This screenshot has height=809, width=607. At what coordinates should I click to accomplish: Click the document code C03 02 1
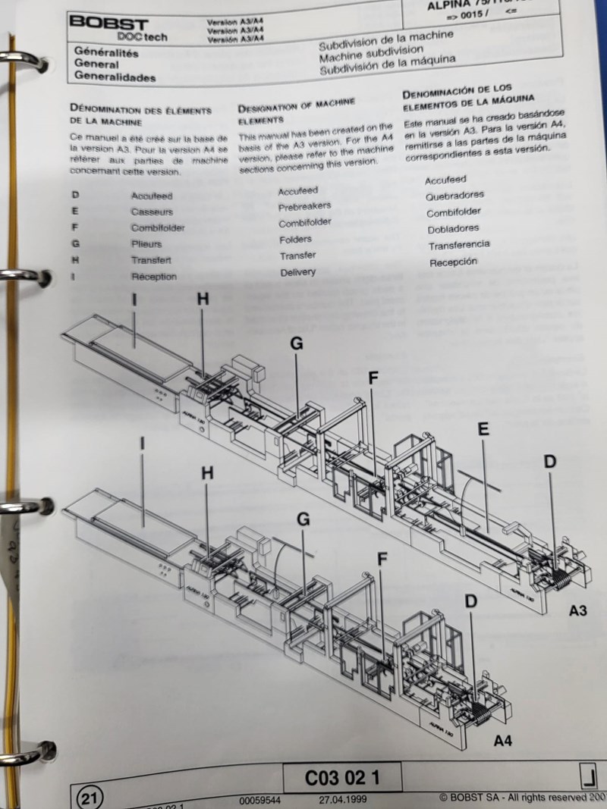pos(342,778)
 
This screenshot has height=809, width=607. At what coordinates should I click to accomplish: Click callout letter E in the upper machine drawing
pos(483,430)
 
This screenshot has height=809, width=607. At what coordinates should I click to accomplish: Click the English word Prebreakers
pos(303,207)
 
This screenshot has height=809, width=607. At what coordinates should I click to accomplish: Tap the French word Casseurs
pos(152,212)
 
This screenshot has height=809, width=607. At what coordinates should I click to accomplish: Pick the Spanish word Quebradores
pos(454,196)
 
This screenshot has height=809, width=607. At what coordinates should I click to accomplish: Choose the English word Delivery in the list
pos(297,272)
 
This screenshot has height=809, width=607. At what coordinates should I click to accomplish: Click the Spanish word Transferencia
pos(458,246)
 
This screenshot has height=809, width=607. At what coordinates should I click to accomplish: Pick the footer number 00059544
pos(260,800)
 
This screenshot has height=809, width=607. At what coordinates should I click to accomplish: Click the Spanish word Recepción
pos(453,262)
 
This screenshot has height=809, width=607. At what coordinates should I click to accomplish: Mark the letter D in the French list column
pos(75,196)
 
